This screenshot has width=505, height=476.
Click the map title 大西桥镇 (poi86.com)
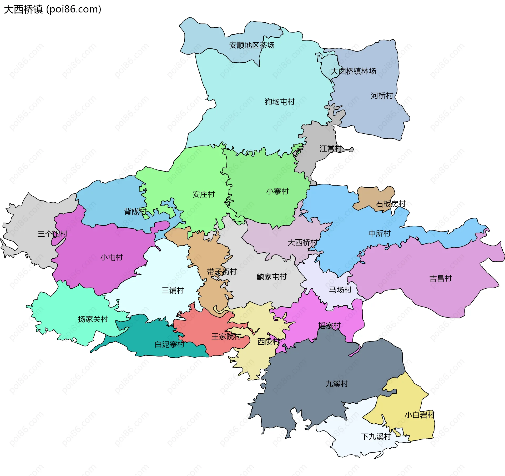(53, 9)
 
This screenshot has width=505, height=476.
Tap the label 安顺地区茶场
(252, 45)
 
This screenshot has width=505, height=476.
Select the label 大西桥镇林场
(353, 71)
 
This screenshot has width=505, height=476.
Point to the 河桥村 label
(382, 96)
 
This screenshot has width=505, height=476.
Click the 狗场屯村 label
(280, 102)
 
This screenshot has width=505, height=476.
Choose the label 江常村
(331, 148)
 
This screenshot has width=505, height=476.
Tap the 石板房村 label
(391, 204)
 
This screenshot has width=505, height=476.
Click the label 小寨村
(277, 191)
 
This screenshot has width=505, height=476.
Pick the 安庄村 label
(204, 194)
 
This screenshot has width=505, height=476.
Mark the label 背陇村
(135, 211)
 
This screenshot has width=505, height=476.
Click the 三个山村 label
(52, 234)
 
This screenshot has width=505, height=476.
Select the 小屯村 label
(112, 257)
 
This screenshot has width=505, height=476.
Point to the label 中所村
(379, 233)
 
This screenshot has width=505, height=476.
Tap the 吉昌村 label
(441, 278)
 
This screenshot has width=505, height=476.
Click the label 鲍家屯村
(271, 277)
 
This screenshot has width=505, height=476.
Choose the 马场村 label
(340, 290)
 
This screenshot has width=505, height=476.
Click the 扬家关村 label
(93, 319)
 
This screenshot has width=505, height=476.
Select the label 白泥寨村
(169, 344)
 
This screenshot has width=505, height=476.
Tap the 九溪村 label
(337, 384)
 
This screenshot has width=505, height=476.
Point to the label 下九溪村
(376, 437)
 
